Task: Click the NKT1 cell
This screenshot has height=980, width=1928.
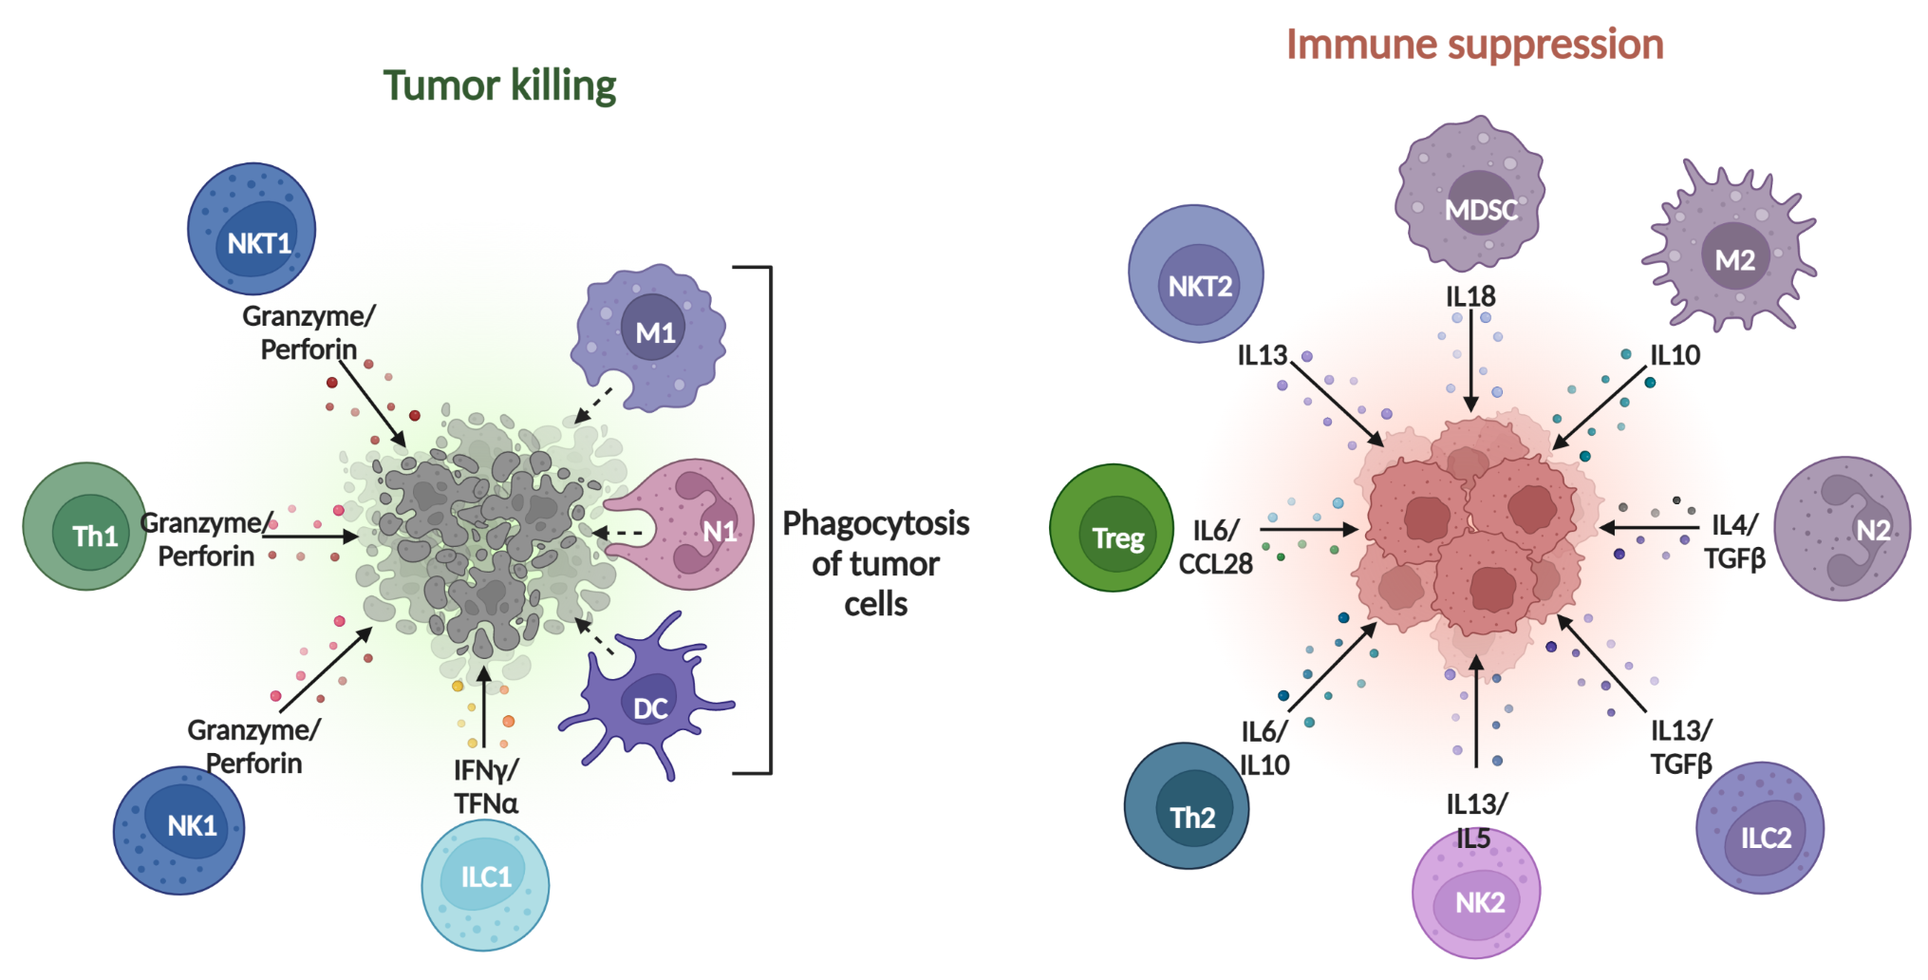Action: tap(252, 229)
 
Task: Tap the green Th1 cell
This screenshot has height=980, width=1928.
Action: tap(85, 527)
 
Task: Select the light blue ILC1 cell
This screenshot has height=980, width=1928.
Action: tap(485, 885)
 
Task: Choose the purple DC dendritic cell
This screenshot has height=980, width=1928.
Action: tap(648, 698)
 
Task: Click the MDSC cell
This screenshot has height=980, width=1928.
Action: tap(1469, 194)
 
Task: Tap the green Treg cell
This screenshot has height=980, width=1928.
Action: tap(1113, 528)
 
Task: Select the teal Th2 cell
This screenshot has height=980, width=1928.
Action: tap(1187, 805)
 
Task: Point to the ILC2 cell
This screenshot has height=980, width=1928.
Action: tap(1760, 828)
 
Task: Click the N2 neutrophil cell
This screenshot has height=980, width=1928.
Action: tap(1842, 528)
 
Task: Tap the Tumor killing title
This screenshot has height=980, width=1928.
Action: tap(499, 85)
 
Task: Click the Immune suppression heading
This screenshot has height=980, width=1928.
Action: tap(1474, 44)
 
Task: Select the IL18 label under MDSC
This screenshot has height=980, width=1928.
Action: tap(1470, 296)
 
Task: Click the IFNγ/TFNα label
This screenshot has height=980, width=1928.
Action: tap(485, 786)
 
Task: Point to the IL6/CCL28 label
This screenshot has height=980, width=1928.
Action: tap(1215, 547)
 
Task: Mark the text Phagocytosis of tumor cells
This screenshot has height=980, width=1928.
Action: tap(875, 563)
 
